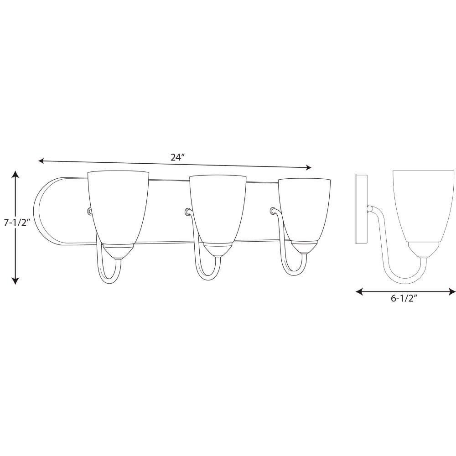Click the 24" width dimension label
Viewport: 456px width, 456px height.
coord(178,157)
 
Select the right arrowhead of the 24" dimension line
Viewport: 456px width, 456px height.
coord(308,167)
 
